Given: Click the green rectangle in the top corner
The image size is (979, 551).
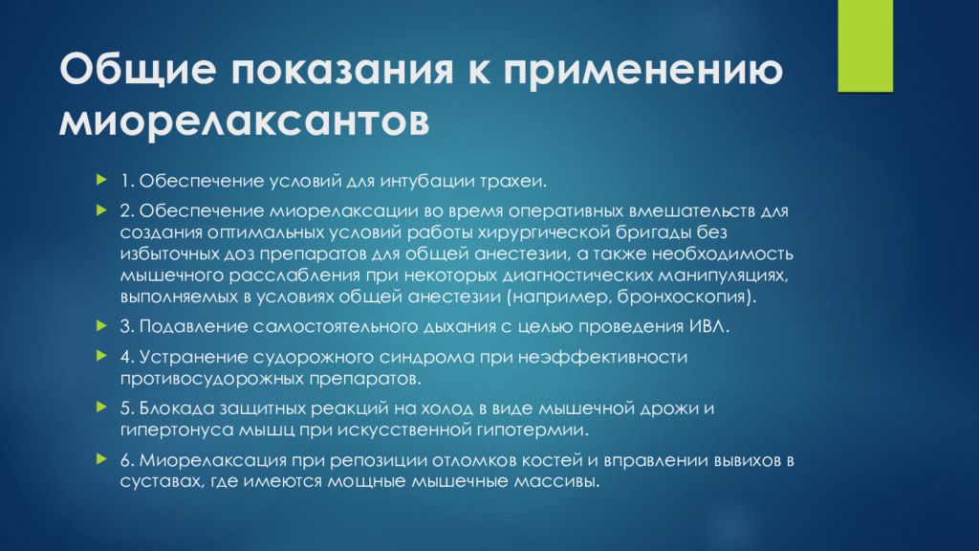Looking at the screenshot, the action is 865,46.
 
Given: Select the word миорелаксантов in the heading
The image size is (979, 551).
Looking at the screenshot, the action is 244,120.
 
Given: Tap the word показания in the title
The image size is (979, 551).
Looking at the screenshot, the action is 342,69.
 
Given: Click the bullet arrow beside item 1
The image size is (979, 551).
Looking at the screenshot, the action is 102,181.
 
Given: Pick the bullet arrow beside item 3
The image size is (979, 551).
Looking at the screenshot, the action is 102,325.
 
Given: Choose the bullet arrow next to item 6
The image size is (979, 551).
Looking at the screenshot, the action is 102,459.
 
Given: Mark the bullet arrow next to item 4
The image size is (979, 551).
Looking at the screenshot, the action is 102,356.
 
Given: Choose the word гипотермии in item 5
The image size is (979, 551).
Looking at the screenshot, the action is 533,430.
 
